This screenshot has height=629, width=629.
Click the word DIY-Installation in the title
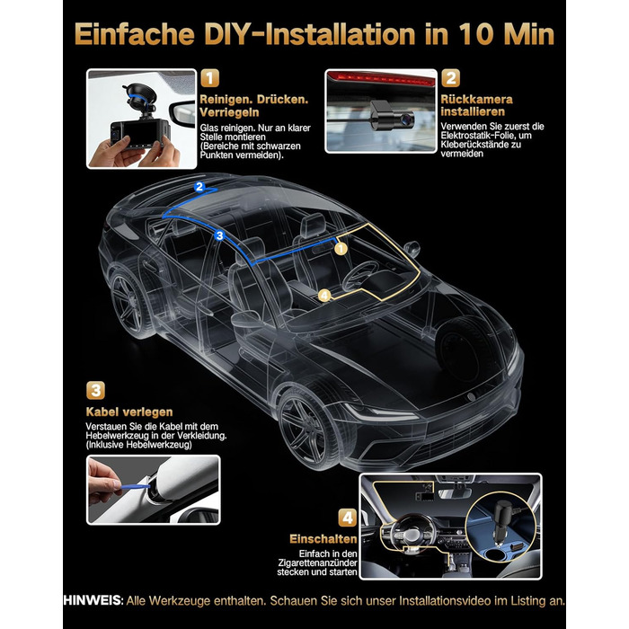(310, 34)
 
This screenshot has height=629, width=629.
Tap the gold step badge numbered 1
(209, 78)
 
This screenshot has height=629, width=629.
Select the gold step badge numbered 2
(450, 78)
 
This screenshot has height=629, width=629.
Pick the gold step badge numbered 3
(95, 390)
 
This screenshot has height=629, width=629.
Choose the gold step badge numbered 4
(348, 518)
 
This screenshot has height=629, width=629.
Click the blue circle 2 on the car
(199, 187)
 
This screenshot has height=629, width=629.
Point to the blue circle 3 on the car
(219, 235)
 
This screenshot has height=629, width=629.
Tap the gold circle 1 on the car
(341, 249)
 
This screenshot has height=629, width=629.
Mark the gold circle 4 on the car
(324, 296)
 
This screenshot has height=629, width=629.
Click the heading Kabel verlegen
(129, 412)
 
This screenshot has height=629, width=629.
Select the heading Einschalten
(323, 539)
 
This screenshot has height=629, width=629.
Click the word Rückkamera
(476, 99)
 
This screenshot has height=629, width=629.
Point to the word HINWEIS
(93, 600)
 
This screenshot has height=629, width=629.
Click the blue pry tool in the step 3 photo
(135, 487)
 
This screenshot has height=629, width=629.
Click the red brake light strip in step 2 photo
(381, 78)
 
